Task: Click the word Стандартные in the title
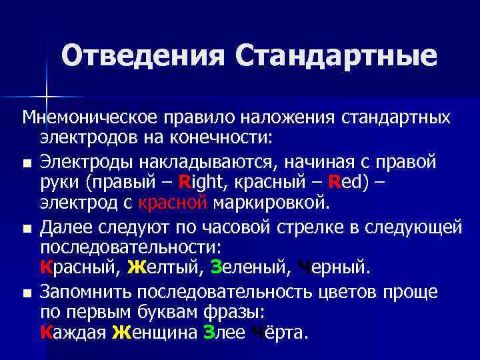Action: point(336,56)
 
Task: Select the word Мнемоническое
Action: point(89,117)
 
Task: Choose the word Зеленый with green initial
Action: point(247,268)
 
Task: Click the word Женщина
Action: point(153,332)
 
